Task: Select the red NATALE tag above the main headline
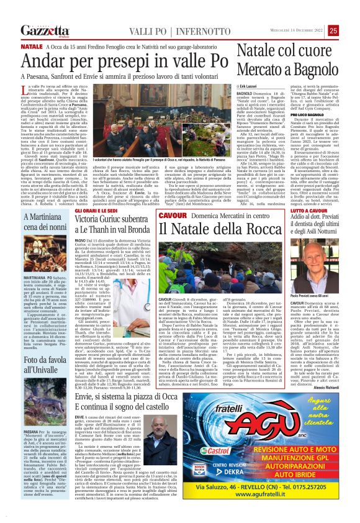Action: pos(31,47)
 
